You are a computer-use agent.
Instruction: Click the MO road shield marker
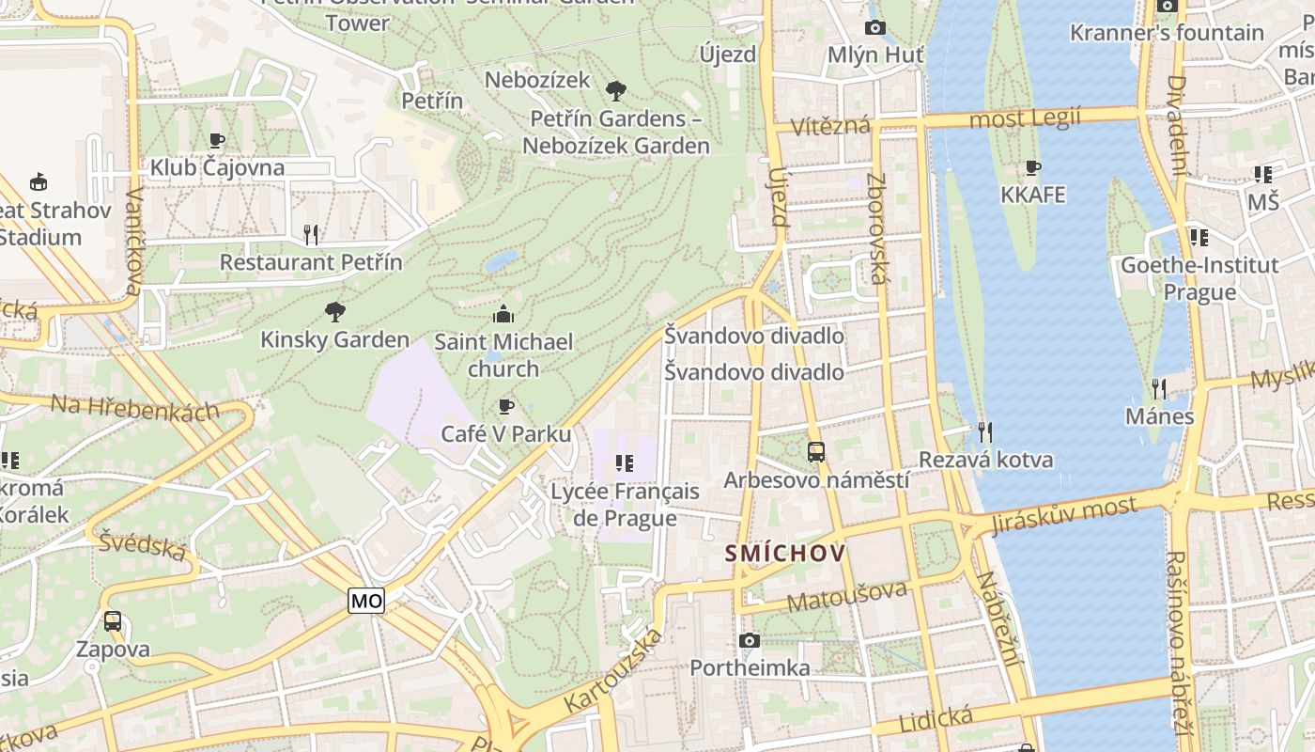point(366,601)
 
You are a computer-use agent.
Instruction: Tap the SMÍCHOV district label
point(785,554)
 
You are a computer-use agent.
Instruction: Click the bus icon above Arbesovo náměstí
point(816,452)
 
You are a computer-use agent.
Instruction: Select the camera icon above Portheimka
point(749,641)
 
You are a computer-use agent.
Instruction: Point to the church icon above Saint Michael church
point(503,314)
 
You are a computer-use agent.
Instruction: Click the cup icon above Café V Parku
point(506,406)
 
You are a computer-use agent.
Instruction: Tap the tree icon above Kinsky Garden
point(334,311)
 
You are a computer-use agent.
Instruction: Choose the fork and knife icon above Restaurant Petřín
point(311,234)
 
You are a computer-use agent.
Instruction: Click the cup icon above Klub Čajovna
point(217,141)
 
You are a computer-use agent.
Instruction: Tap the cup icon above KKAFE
point(1033,168)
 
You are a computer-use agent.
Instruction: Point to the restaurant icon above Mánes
point(1159,388)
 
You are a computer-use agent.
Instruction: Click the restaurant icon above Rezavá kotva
point(985,431)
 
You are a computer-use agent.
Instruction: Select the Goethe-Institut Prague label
point(1199,278)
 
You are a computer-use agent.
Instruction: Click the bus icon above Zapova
point(113,621)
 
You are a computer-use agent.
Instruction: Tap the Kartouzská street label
point(613,671)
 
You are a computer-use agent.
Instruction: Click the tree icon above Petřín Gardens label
point(616,91)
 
